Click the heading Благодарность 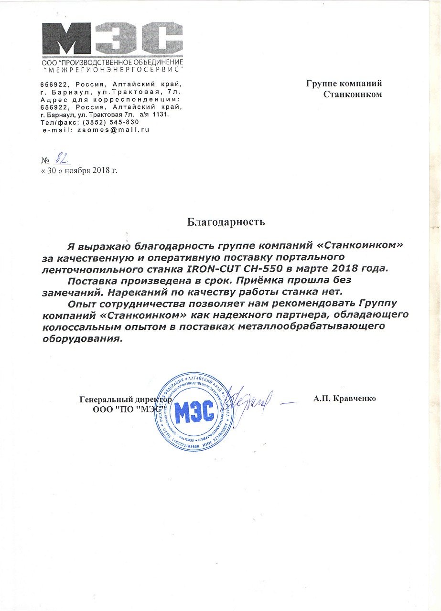225,222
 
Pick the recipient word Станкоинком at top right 353,95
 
